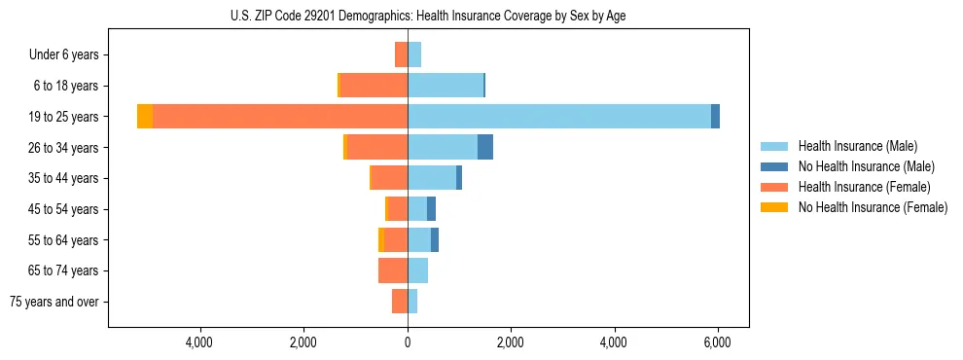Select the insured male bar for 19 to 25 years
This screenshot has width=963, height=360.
(x=559, y=117)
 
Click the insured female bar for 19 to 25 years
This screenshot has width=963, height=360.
(x=280, y=117)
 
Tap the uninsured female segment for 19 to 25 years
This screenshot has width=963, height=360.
(x=145, y=117)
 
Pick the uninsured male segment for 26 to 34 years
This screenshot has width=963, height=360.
(x=484, y=147)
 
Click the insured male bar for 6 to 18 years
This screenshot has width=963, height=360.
(x=446, y=86)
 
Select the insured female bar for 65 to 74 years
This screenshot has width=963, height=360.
(x=393, y=270)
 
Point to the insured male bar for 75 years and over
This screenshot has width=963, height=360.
(x=412, y=302)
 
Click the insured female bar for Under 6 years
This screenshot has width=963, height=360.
(x=401, y=54)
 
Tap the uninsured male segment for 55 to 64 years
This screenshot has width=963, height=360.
(x=435, y=239)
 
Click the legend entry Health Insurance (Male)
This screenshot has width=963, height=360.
(x=857, y=146)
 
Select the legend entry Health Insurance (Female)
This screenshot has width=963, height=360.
(x=864, y=187)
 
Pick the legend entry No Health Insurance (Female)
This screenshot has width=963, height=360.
(x=873, y=207)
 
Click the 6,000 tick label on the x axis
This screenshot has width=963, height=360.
(x=717, y=342)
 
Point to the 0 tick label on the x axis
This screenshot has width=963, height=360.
(x=408, y=342)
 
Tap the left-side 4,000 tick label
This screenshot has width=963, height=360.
(x=199, y=342)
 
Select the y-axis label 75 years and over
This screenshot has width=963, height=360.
(x=54, y=302)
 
